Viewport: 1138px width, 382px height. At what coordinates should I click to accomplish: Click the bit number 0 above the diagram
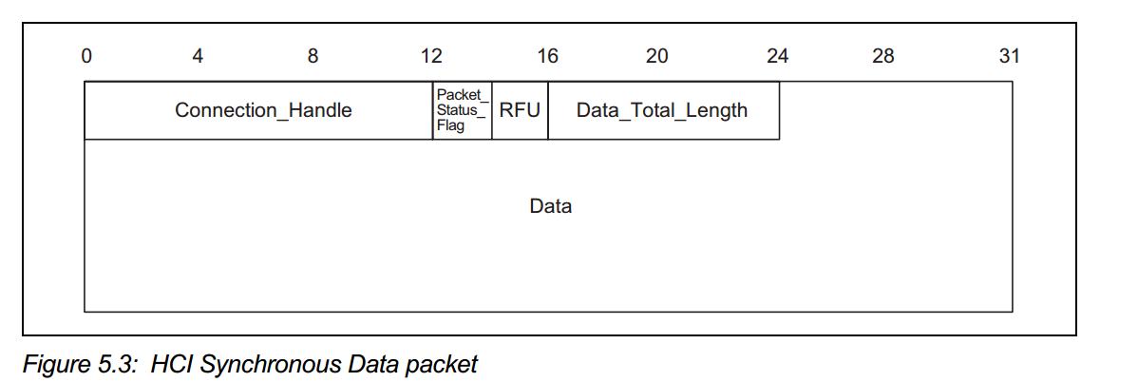(86, 56)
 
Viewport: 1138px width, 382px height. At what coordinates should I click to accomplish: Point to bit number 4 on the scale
(198, 56)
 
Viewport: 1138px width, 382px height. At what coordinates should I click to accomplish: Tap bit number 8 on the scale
(313, 56)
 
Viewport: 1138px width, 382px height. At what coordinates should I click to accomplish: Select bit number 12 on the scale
(431, 56)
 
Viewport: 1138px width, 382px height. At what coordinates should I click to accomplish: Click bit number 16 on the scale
(547, 56)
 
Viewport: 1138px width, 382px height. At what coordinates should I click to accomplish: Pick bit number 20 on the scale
(656, 56)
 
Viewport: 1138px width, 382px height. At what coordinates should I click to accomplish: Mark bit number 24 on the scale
(777, 56)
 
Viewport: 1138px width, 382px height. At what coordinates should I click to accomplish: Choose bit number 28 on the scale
(882, 56)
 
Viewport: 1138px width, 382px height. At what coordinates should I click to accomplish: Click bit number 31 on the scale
(1009, 56)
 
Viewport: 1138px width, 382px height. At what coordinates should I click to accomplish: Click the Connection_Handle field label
(263, 110)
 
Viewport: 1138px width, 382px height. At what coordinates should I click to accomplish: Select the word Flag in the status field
(451, 126)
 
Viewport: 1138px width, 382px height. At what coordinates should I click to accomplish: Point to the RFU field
(520, 110)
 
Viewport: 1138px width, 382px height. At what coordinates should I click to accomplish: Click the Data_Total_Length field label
(662, 110)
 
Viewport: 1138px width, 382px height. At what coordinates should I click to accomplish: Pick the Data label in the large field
(551, 205)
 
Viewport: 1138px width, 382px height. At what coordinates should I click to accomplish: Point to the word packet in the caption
(445, 364)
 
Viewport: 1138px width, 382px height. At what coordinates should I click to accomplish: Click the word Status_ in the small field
(461, 110)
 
